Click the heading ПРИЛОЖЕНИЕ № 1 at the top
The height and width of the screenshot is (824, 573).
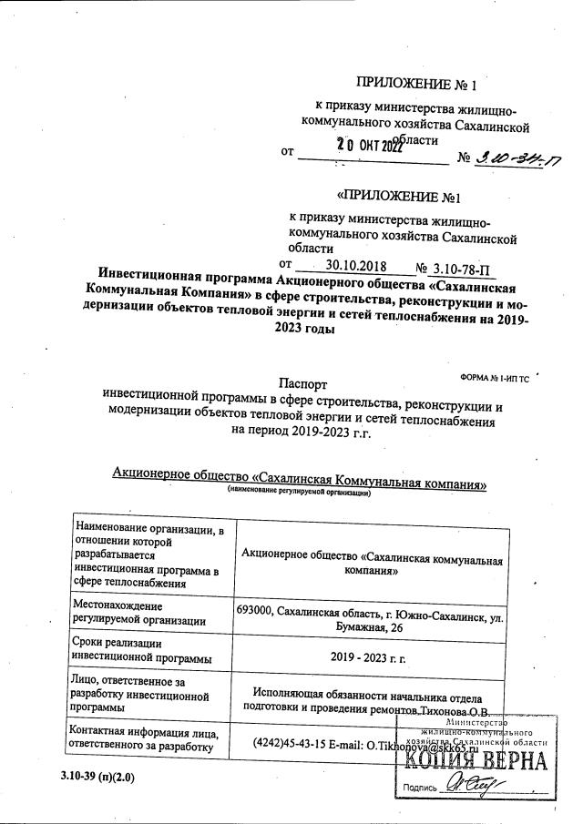pyautogui.click(x=414, y=86)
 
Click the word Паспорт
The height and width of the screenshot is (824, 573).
pyautogui.click(x=302, y=385)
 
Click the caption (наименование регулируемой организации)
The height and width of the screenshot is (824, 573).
pyautogui.click(x=299, y=492)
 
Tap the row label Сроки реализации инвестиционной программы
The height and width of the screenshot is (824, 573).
pyautogui.click(x=142, y=649)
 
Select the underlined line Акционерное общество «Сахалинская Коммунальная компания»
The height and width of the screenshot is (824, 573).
pyautogui.click(x=299, y=479)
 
